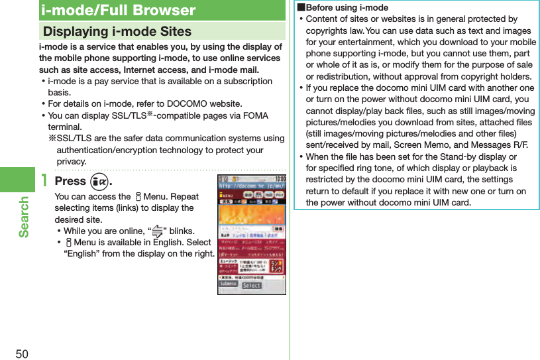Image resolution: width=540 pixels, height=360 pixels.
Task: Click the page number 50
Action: pyautogui.click(x=22, y=353)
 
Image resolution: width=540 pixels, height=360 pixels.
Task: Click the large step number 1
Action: pyautogui.click(x=44, y=181)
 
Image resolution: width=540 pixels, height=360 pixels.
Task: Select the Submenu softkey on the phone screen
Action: pyautogui.click(x=228, y=285)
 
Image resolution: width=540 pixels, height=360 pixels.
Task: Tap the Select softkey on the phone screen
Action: pyautogui.click(x=251, y=285)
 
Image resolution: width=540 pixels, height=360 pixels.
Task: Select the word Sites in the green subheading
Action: pyautogui.click(x=175, y=31)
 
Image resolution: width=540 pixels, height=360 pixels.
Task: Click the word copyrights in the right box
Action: pyautogui.click(x=329, y=30)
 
